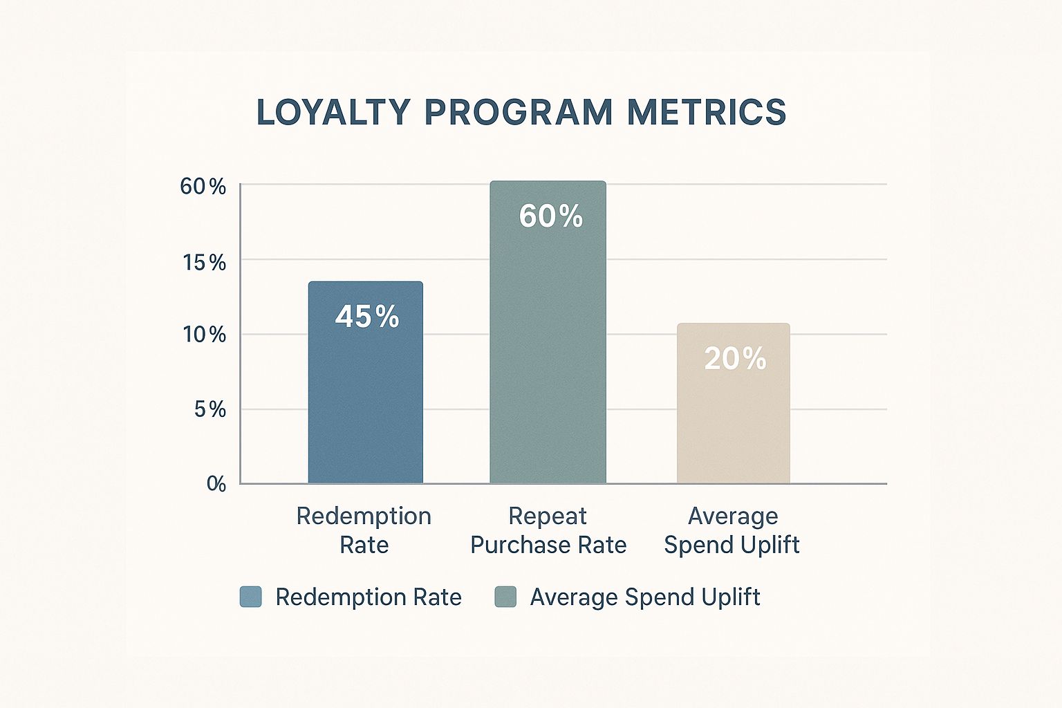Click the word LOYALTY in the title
pos(333,113)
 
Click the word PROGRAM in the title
pos(518,113)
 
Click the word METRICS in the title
pos(706,113)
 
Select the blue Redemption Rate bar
pos(365,401)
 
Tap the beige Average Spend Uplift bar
pos(733,422)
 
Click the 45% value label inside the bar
pos(367,317)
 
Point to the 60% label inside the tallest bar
pos(550,216)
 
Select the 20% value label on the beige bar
pos(735,359)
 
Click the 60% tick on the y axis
pos(203,187)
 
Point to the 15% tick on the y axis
pos(204,263)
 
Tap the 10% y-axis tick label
pos(204,335)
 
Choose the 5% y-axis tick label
pos(209,410)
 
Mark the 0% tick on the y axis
pos(216,484)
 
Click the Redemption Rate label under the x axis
pos(364,530)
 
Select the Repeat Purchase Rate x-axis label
pos(548,530)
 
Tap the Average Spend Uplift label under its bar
pos(732,530)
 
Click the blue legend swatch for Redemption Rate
pos(250,597)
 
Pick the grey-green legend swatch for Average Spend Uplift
pos(505,597)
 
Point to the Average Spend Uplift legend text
pos(644,597)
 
